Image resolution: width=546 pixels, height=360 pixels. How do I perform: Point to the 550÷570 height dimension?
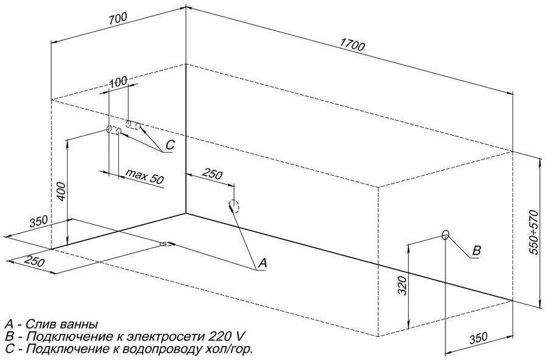(x=534, y=232)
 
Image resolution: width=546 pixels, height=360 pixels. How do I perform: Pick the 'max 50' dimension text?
(x=145, y=177)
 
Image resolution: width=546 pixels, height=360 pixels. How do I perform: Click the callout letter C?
(x=170, y=146)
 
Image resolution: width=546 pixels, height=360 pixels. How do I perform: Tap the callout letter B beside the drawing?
(x=477, y=250)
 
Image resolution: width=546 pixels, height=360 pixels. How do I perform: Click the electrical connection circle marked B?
(x=445, y=235)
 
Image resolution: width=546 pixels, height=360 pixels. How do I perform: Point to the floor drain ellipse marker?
(x=166, y=245)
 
